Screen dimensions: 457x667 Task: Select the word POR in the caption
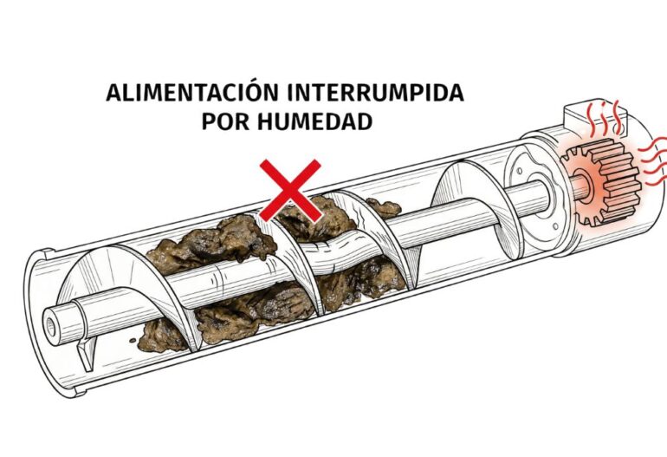tap(226, 121)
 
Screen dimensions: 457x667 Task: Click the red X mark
tap(290, 189)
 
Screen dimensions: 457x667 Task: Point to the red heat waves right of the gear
tap(651, 160)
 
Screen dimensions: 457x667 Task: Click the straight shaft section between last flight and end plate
tap(502, 201)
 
